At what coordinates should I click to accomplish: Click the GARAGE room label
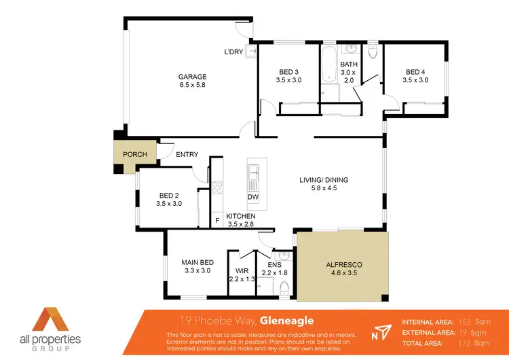pyautogui.click(x=192, y=77)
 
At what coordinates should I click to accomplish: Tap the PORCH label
pyautogui.click(x=134, y=154)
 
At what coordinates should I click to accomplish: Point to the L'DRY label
pyautogui.click(x=234, y=52)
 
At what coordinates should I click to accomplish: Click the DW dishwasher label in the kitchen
pyautogui.click(x=252, y=197)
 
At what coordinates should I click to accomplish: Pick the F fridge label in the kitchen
pyautogui.click(x=217, y=220)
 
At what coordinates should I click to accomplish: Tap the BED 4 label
pyautogui.click(x=416, y=71)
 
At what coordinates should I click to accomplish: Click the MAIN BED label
pyautogui.click(x=197, y=262)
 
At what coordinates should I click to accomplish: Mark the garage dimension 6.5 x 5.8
pyautogui.click(x=192, y=85)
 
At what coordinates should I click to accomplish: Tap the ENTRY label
pyautogui.click(x=187, y=154)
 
